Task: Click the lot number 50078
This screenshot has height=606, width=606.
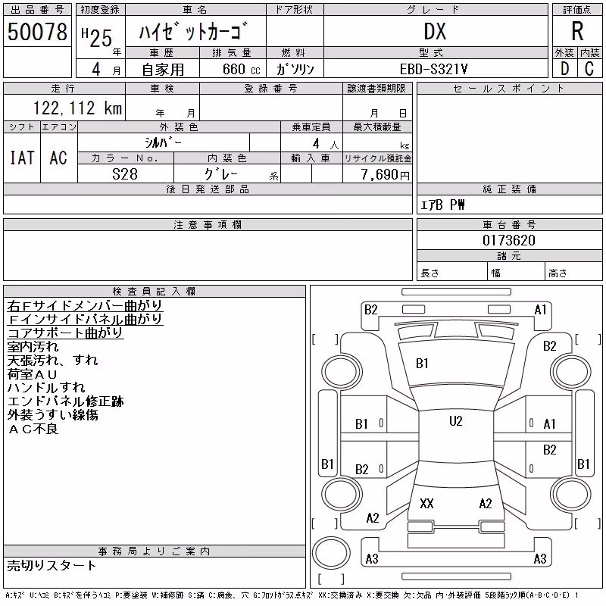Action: (37, 32)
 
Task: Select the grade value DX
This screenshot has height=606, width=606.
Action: (435, 32)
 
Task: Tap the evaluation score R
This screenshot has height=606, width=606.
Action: (577, 31)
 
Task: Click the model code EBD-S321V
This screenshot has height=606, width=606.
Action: (433, 69)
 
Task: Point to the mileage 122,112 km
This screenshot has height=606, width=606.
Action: (78, 108)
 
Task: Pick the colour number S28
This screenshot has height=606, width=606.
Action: (125, 174)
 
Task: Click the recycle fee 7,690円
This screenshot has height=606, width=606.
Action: (385, 175)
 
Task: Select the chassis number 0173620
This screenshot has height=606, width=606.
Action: (509, 240)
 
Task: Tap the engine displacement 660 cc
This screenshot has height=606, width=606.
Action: (241, 69)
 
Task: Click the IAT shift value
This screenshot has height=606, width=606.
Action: (22, 158)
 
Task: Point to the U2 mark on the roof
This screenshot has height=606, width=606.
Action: (456, 421)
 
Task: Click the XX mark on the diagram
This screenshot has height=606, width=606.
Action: (426, 503)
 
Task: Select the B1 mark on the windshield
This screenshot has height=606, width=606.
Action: (422, 364)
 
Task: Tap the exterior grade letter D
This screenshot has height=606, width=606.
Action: (564, 69)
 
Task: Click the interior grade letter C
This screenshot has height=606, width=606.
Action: (589, 69)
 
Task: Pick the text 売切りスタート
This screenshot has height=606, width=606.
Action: (52, 566)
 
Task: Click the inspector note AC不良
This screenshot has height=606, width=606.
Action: (33, 429)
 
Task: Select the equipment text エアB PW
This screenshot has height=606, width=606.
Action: (442, 205)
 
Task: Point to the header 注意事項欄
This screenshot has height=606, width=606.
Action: (208, 224)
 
